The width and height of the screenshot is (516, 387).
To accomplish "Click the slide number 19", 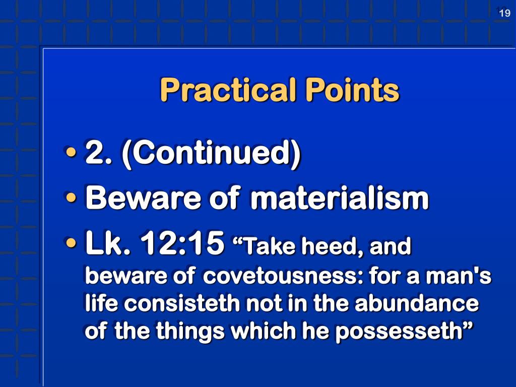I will click(504, 14).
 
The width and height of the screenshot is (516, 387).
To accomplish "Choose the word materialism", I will click(339, 199).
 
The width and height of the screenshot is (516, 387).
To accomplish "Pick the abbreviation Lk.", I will click(105, 244).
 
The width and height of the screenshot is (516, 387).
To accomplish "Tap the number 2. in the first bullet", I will click(97, 153).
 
